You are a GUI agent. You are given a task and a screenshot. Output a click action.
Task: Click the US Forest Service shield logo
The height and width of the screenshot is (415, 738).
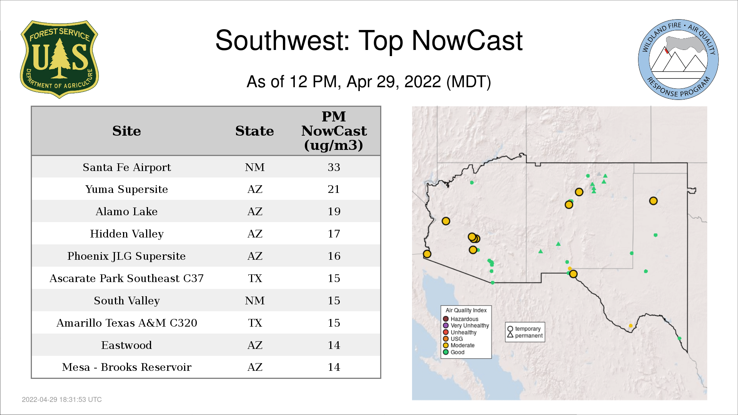[59, 60]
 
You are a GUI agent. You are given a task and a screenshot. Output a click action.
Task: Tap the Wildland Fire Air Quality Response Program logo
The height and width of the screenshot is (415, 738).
[678, 60]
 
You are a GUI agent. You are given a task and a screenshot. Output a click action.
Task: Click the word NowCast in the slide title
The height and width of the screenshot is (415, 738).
[467, 40]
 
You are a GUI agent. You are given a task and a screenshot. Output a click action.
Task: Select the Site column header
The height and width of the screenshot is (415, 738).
[127, 131]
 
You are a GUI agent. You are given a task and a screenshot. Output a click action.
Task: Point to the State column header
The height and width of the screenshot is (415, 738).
[254, 131]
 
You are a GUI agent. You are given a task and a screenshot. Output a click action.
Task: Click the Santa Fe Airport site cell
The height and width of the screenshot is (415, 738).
[127, 167]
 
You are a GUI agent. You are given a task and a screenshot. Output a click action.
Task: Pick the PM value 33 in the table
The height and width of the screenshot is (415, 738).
[334, 167]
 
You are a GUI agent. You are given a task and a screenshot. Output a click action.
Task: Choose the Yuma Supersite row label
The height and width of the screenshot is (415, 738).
[127, 189]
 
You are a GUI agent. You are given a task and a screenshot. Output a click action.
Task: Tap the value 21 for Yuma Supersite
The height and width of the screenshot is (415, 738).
[334, 189]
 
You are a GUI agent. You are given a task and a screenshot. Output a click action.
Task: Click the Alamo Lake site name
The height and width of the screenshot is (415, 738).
[127, 211]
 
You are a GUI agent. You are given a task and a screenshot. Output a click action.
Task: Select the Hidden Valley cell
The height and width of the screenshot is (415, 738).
[127, 234]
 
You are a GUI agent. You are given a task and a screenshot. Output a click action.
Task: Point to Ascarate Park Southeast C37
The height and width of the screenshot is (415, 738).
[127, 278]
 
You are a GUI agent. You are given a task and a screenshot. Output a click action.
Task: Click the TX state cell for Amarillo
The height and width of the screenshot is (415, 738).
[255, 323]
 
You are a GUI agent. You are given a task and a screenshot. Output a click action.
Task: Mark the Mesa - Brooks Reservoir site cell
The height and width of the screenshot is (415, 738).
[127, 367]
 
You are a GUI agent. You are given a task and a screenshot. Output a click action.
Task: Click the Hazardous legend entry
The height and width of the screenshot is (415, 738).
[460, 319]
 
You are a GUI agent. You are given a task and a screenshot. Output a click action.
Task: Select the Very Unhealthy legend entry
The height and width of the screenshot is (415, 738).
[466, 325]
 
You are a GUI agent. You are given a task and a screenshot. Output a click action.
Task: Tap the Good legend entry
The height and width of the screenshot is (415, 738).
[454, 352]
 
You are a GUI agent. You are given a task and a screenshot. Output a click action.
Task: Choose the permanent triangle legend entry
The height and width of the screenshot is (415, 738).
[525, 335]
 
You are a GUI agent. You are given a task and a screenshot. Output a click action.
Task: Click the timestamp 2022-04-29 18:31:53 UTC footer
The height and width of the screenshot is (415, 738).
[62, 400]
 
